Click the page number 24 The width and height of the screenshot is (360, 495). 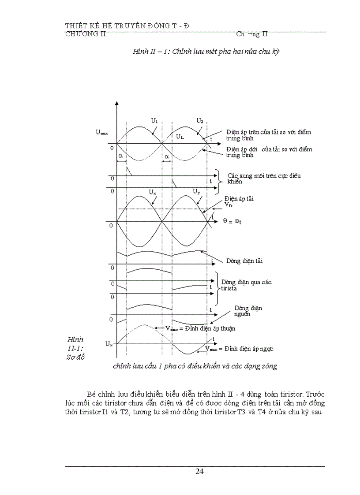coord(199,471)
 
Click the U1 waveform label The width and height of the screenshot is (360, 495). coord(154,120)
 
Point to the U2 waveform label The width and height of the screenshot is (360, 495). coord(199,120)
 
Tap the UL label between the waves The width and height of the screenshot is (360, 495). coord(180,137)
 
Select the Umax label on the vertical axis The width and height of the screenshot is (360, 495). coord(101,131)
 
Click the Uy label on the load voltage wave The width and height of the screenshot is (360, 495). coord(197,191)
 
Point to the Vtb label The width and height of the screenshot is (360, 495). coord(228,205)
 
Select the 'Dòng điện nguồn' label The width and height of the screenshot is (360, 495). coord(248,311)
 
